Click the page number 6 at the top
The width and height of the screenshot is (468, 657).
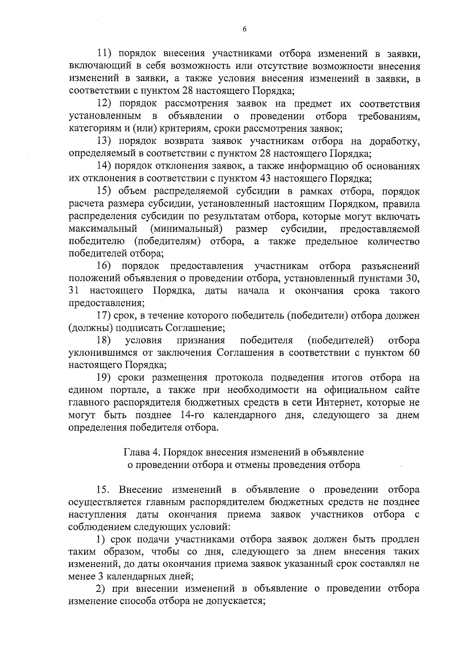245,29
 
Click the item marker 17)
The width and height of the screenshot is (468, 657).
104,316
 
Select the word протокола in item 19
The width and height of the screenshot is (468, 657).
239,378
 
